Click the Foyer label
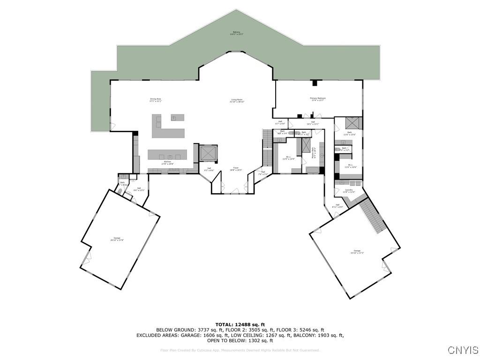click(237, 169)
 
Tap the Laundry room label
click(349, 191)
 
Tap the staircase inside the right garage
click(375, 216)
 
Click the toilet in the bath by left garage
click(120, 191)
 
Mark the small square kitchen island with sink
click(177, 118)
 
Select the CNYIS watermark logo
click(463, 350)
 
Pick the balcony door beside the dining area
click(112, 126)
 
